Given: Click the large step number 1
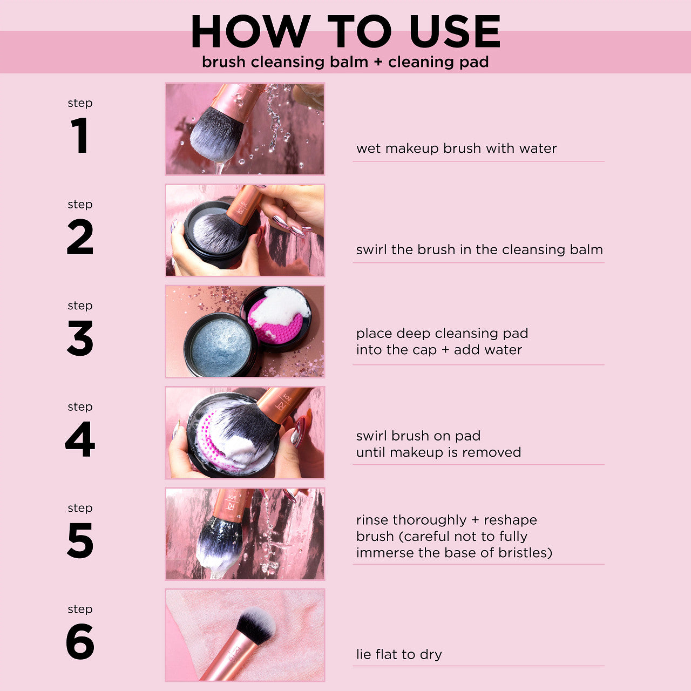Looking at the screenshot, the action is coord(79,136).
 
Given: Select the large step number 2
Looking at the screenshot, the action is coord(80,236).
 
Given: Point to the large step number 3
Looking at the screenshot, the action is coord(80,338).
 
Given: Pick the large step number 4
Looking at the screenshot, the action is coord(80,439).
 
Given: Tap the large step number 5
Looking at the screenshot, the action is coord(80,540).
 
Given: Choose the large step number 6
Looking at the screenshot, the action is coord(80,641).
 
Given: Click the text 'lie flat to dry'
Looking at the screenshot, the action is coord(399,654).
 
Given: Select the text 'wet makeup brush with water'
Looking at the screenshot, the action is coord(456,148).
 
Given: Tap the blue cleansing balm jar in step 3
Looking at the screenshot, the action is coord(221,345).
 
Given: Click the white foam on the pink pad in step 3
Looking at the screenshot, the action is coord(280,306).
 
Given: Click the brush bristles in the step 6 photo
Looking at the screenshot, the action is coord(256,625).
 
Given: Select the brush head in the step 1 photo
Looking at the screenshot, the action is coord(216,136).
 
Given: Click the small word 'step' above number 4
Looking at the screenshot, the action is coord(80,407).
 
